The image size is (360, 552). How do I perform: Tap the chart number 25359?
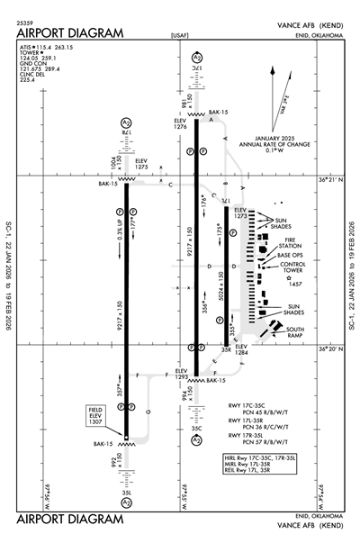coord(26,21)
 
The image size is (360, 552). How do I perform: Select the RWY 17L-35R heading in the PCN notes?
coord(255,420)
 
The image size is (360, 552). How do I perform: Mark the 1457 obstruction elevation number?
coord(295,284)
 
